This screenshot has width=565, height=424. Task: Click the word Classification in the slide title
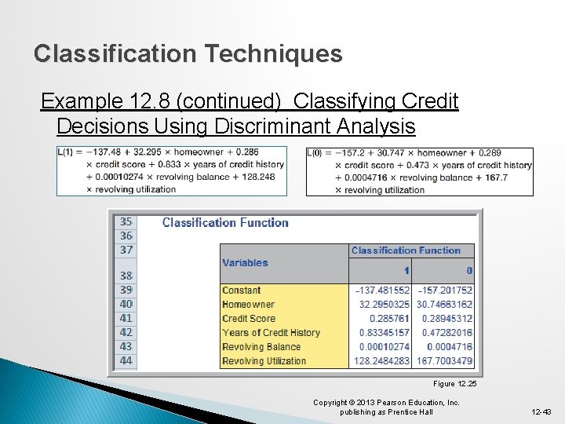tap(115, 53)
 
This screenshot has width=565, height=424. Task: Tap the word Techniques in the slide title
tap(273, 53)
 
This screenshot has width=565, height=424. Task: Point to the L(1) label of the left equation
tap(68, 152)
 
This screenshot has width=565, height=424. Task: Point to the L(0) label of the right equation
tap(318, 152)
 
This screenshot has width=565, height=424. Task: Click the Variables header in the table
tap(245, 263)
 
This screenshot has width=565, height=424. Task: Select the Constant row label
tap(241, 291)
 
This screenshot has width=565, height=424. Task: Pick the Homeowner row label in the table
tap(248, 305)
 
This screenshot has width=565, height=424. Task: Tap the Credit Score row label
tap(249, 319)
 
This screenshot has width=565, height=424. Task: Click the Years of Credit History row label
tap(271, 333)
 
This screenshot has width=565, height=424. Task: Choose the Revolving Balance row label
tap(261, 347)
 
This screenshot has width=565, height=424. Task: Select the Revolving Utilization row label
tap(264, 361)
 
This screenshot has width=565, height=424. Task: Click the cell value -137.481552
tap(381, 291)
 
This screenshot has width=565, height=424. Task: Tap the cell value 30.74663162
tap(443, 305)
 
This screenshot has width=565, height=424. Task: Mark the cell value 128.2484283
tap(381, 361)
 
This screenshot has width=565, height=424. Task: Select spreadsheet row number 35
tap(126, 221)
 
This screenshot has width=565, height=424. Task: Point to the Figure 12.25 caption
tap(454, 384)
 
